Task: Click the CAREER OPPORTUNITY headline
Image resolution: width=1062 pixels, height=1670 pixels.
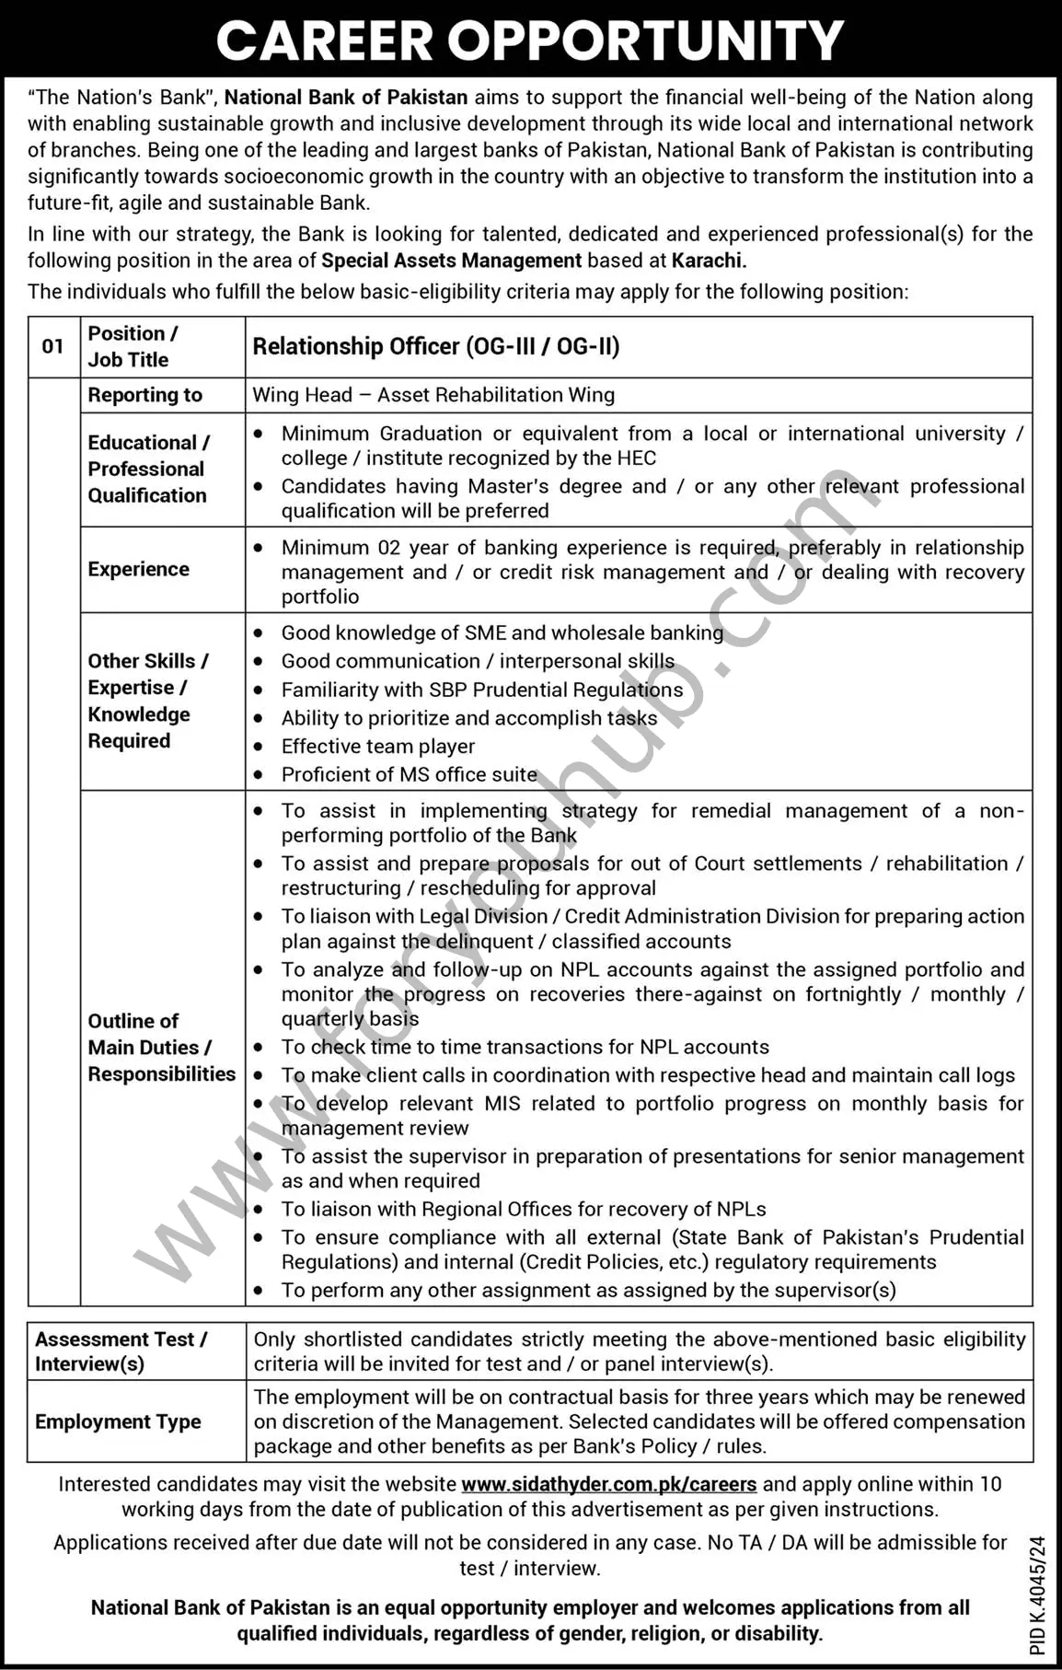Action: [x=530, y=41]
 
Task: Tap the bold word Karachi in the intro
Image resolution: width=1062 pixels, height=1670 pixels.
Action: [x=708, y=261]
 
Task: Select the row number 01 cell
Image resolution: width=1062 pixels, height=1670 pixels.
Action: [x=53, y=346]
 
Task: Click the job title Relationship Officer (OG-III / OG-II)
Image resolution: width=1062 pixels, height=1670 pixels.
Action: [x=436, y=346]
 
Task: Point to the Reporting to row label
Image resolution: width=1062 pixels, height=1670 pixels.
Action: [x=144, y=395]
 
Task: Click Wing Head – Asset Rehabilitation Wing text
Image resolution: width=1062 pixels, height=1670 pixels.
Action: [x=433, y=395]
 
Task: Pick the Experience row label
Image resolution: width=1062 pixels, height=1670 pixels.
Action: [x=139, y=569]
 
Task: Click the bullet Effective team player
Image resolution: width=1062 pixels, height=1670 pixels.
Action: [x=378, y=747]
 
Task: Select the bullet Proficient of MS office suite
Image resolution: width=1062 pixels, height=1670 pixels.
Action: [x=409, y=775]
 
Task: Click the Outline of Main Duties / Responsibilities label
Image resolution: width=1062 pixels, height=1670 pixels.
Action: [x=161, y=1048]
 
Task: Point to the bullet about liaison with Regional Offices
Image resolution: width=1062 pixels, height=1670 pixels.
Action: [x=524, y=1209]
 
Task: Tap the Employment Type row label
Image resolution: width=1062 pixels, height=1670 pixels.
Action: [x=118, y=1421]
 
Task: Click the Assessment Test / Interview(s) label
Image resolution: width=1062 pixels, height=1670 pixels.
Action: [x=121, y=1351]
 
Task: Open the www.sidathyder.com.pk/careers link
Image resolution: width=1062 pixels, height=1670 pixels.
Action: [x=608, y=1484]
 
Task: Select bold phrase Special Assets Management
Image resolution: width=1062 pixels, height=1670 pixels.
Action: [x=451, y=261]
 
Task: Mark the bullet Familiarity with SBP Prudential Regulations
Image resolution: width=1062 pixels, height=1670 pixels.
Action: [x=482, y=690]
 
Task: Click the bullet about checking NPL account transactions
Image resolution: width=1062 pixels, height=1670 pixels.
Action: [x=525, y=1047]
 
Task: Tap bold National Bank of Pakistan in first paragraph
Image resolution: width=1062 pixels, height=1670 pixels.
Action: [x=346, y=97]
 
